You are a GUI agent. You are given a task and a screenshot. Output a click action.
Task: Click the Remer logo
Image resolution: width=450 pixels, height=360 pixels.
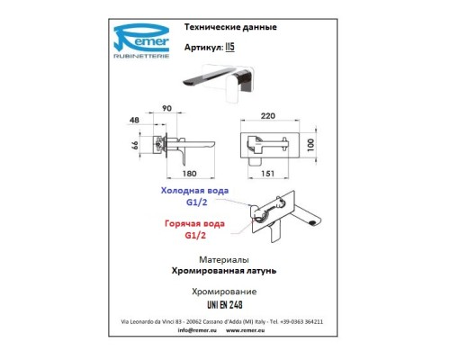click(x=141, y=41)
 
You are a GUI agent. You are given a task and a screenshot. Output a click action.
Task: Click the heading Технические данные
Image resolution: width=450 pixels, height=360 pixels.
click(x=230, y=27)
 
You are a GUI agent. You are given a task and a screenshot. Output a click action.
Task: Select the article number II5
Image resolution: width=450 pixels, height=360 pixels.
click(x=229, y=47)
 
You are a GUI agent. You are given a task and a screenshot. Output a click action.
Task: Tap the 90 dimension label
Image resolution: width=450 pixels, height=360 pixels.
click(x=166, y=108)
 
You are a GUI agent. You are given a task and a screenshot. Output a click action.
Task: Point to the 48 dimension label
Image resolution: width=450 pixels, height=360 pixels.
click(x=134, y=120)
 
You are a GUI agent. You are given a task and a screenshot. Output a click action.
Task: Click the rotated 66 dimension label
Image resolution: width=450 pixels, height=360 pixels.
click(x=135, y=146)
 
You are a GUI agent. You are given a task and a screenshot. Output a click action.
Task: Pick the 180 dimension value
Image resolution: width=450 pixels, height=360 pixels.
click(x=189, y=174)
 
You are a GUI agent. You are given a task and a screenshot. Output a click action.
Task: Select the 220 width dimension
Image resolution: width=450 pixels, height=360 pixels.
click(x=268, y=116)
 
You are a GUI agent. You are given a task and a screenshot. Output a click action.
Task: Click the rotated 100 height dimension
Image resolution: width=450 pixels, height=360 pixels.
click(x=310, y=145)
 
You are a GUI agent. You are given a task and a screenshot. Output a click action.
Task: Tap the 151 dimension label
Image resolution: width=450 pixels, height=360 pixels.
click(x=267, y=174)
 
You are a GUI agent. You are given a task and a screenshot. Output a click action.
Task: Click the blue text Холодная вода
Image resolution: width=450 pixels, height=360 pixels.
click(x=194, y=191)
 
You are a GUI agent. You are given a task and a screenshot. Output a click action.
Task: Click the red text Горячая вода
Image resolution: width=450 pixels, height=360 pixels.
click(x=194, y=224)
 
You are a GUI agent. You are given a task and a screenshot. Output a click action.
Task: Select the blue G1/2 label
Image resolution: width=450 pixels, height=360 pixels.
click(x=196, y=202)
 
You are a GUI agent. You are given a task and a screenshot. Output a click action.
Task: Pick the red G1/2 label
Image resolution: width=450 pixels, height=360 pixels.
click(x=195, y=236)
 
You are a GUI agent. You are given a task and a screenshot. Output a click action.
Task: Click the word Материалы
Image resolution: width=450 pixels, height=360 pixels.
click(x=224, y=259)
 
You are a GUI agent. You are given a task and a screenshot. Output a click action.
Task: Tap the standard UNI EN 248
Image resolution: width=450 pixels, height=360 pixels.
click(x=225, y=305)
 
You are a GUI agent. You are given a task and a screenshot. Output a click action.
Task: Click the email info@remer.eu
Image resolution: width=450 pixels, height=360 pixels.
click(x=197, y=330)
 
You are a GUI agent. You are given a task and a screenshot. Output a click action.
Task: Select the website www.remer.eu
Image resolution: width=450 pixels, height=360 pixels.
click(x=245, y=330)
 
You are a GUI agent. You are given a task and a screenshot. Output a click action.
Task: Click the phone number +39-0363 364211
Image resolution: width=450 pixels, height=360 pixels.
click(x=301, y=321)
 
